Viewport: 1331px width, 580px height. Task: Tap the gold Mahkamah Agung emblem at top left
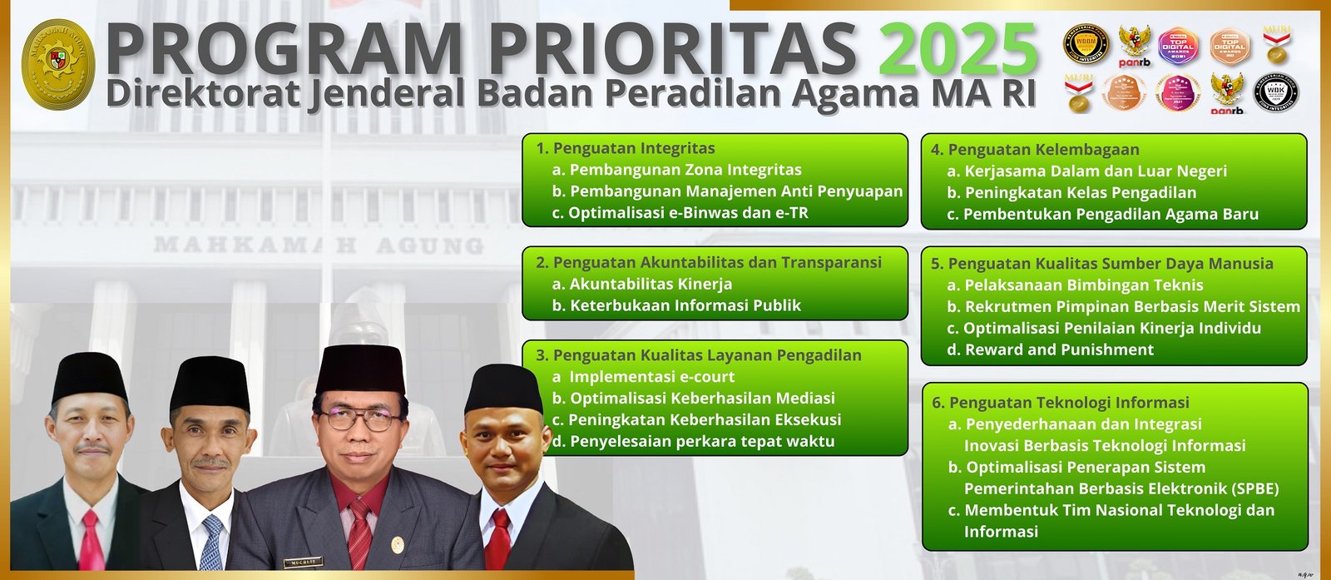(57, 64)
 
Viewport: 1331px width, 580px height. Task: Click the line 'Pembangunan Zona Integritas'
(685, 170)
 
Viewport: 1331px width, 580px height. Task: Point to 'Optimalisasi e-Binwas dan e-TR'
(688, 213)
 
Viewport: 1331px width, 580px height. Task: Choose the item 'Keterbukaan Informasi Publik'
(685, 305)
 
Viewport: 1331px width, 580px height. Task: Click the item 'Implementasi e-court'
(651, 377)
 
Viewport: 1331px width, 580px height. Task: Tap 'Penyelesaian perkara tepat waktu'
(702, 442)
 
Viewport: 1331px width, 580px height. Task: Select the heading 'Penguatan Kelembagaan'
(1043, 150)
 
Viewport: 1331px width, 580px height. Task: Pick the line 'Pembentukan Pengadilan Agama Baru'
(1111, 215)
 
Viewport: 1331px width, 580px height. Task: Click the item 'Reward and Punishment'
(1059, 350)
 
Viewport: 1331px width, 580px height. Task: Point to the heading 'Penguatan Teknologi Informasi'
(1069, 403)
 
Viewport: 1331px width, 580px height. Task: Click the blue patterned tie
(211, 541)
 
